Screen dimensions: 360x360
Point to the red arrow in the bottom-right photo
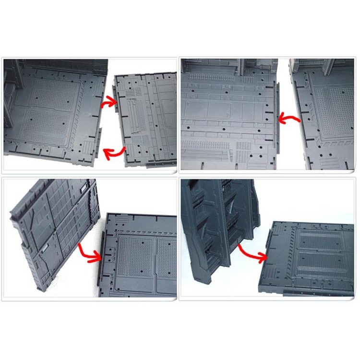[252, 253]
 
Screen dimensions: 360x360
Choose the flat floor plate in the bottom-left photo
[139, 259]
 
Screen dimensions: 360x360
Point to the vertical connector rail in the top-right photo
[276, 115]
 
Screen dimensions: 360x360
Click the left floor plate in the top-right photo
[226, 120]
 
